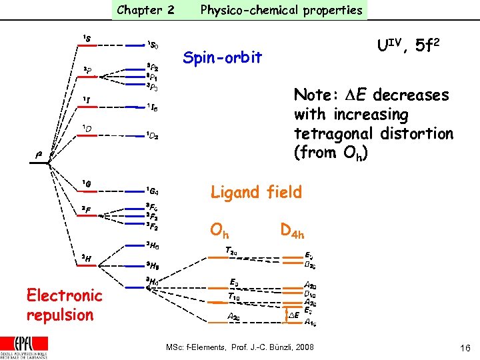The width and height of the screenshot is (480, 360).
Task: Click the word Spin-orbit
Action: click(x=222, y=58)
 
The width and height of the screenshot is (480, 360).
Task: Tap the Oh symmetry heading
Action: click(x=219, y=231)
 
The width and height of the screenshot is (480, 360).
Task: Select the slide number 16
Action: click(x=465, y=347)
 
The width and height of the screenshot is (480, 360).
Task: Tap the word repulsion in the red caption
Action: click(x=60, y=315)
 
